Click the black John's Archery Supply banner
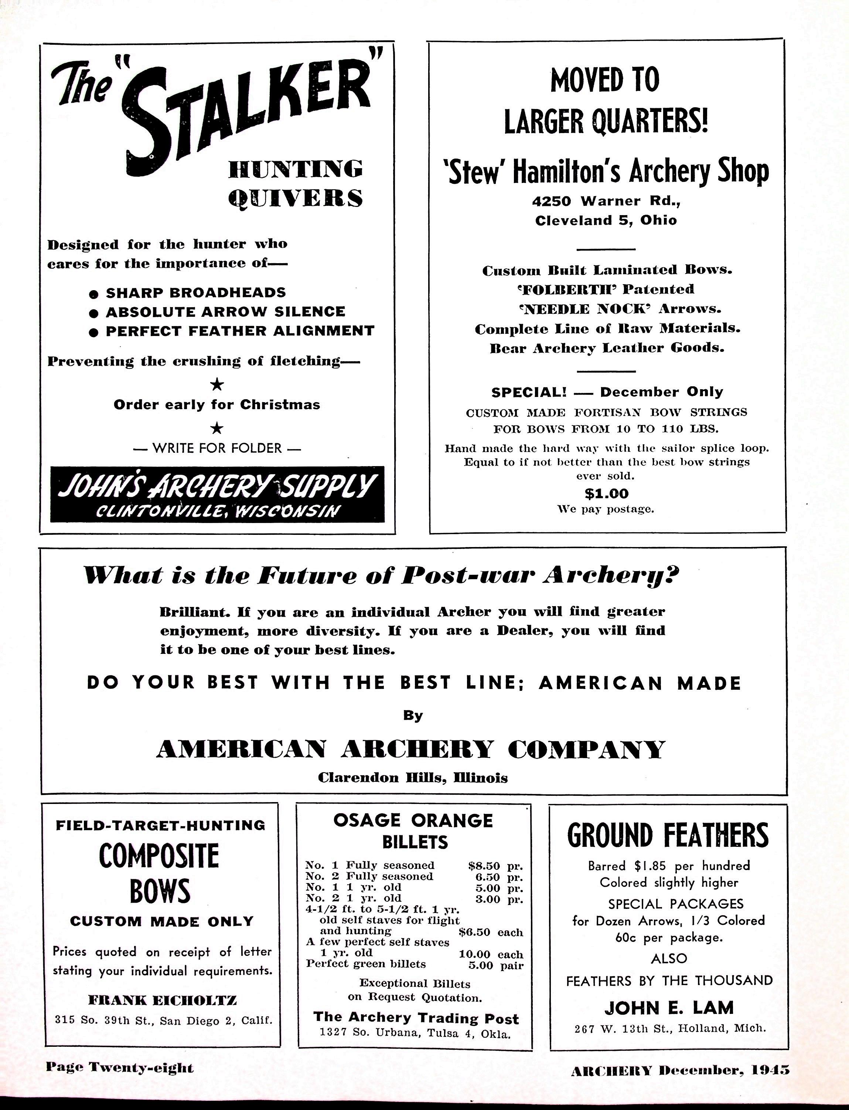pyautogui.click(x=217, y=494)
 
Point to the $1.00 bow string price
pyautogui.click(x=606, y=493)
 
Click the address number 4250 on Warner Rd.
pyautogui.click(x=551, y=201)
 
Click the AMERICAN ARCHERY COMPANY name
pyautogui.click(x=410, y=749)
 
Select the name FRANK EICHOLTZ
pyautogui.click(x=162, y=1000)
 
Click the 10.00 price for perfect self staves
pyautogui.click(x=474, y=954)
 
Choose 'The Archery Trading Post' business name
pyautogui.click(x=416, y=1018)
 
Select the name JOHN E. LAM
pyautogui.click(x=669, y=1008)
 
